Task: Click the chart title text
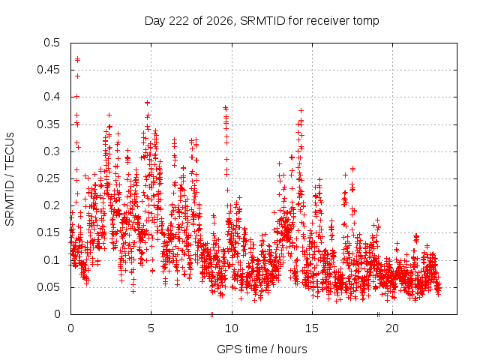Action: (x=262, y=21)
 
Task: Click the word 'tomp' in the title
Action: (x=366, y=21)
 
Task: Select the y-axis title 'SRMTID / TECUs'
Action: (x=10, y=179)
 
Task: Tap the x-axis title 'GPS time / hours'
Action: (x=262, y=349)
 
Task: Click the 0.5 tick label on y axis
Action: (x=52, y=43)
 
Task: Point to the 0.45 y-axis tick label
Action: (x=48, y=70)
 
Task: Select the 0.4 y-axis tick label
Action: (x=52, y=97)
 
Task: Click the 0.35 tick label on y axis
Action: (x=48, y=124)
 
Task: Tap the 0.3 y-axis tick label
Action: (x=52, y=151)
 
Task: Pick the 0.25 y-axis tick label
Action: (x=48, y=178)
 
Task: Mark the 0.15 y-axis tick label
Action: (x=48, y=232)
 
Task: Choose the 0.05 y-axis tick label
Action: (x=48, y=287)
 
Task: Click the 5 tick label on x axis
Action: (x=151, y=328)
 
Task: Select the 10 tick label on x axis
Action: (x=232, y=328)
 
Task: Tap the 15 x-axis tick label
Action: (x=312, y=328)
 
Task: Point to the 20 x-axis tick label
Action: (x=392, y=328)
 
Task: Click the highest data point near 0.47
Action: (x=78, y=59)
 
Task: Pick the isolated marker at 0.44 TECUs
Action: (x=78, y=76)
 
